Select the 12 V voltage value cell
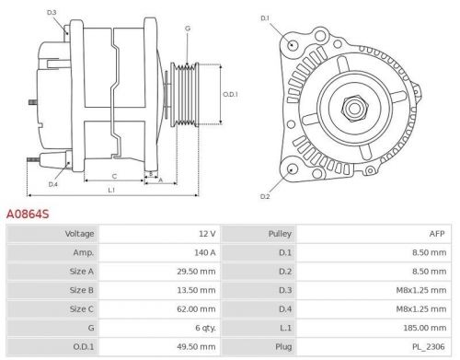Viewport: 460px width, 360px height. pyautogui.click(x=205, y=234)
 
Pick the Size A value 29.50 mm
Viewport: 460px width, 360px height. pyautogui.click(x=197, y=272)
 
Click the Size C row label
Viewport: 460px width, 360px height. pyautogui.click(x=81, y=309)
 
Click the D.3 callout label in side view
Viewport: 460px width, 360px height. pyautogui.click(x=52, y=12)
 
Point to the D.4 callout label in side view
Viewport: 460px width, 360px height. pyautogui.click(x=52, y=184)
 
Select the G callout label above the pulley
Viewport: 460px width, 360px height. pyautogui.click(x=188, y=29)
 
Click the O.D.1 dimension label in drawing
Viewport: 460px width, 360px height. pyautogui.click(x=231, y=93)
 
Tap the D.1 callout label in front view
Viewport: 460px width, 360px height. pyautogui.click(x=265, y=18)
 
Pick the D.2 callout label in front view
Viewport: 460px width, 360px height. pyautogui.click(x=265, y=196)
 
